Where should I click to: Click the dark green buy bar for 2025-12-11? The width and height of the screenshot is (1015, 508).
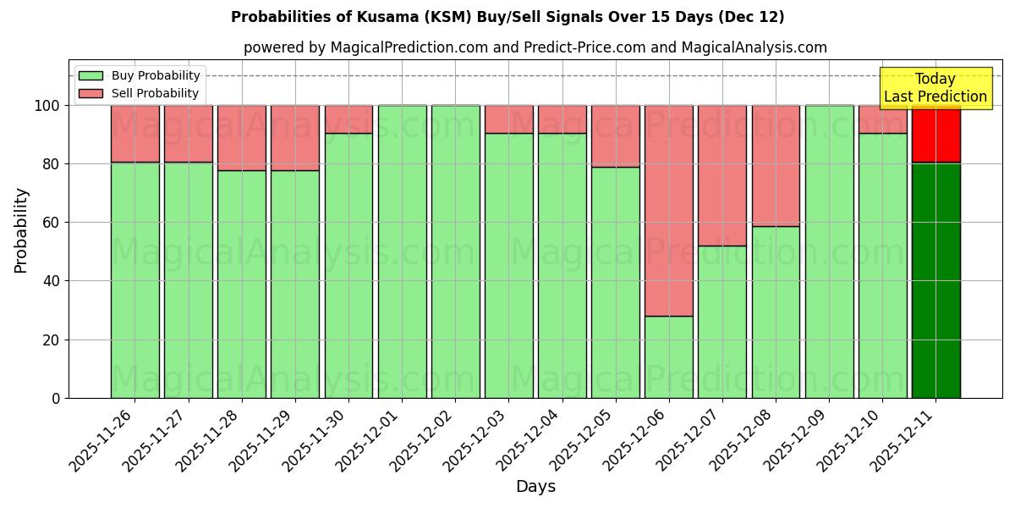pyautogui.click(x=935, y=279)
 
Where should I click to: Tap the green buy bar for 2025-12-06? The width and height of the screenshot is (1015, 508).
pyautogui.click(x=668, y=356)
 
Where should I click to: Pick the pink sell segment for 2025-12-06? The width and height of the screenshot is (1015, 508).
pyautogui.click(x=668, y=210)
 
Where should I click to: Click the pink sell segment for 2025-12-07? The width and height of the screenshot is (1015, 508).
pyautogui.click(x=721, y=175)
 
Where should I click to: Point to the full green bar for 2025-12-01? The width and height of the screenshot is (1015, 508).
pyautogui.click(x=402, y=251)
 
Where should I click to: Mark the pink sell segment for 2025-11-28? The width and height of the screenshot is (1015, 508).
pyautogui.click(x=241, y=137)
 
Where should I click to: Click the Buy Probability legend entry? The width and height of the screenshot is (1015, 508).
pyautogui.click(x=140, y=75)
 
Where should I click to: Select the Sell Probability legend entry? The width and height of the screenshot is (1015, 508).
pyautogui.click(x=140, y=93)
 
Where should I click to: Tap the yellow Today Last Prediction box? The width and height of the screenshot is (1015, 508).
pyautogui.click(x=935, y=88)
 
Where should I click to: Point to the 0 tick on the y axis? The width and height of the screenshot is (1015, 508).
pyautogui.click(x=56, y=398)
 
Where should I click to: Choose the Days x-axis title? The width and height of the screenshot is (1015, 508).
pyautogui.click(x=535, y=487)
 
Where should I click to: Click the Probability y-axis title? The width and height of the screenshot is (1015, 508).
pyautogui.click(x=21, y=229)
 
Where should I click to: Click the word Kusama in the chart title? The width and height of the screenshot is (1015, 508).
pyautogui.click(x=393, y=17)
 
